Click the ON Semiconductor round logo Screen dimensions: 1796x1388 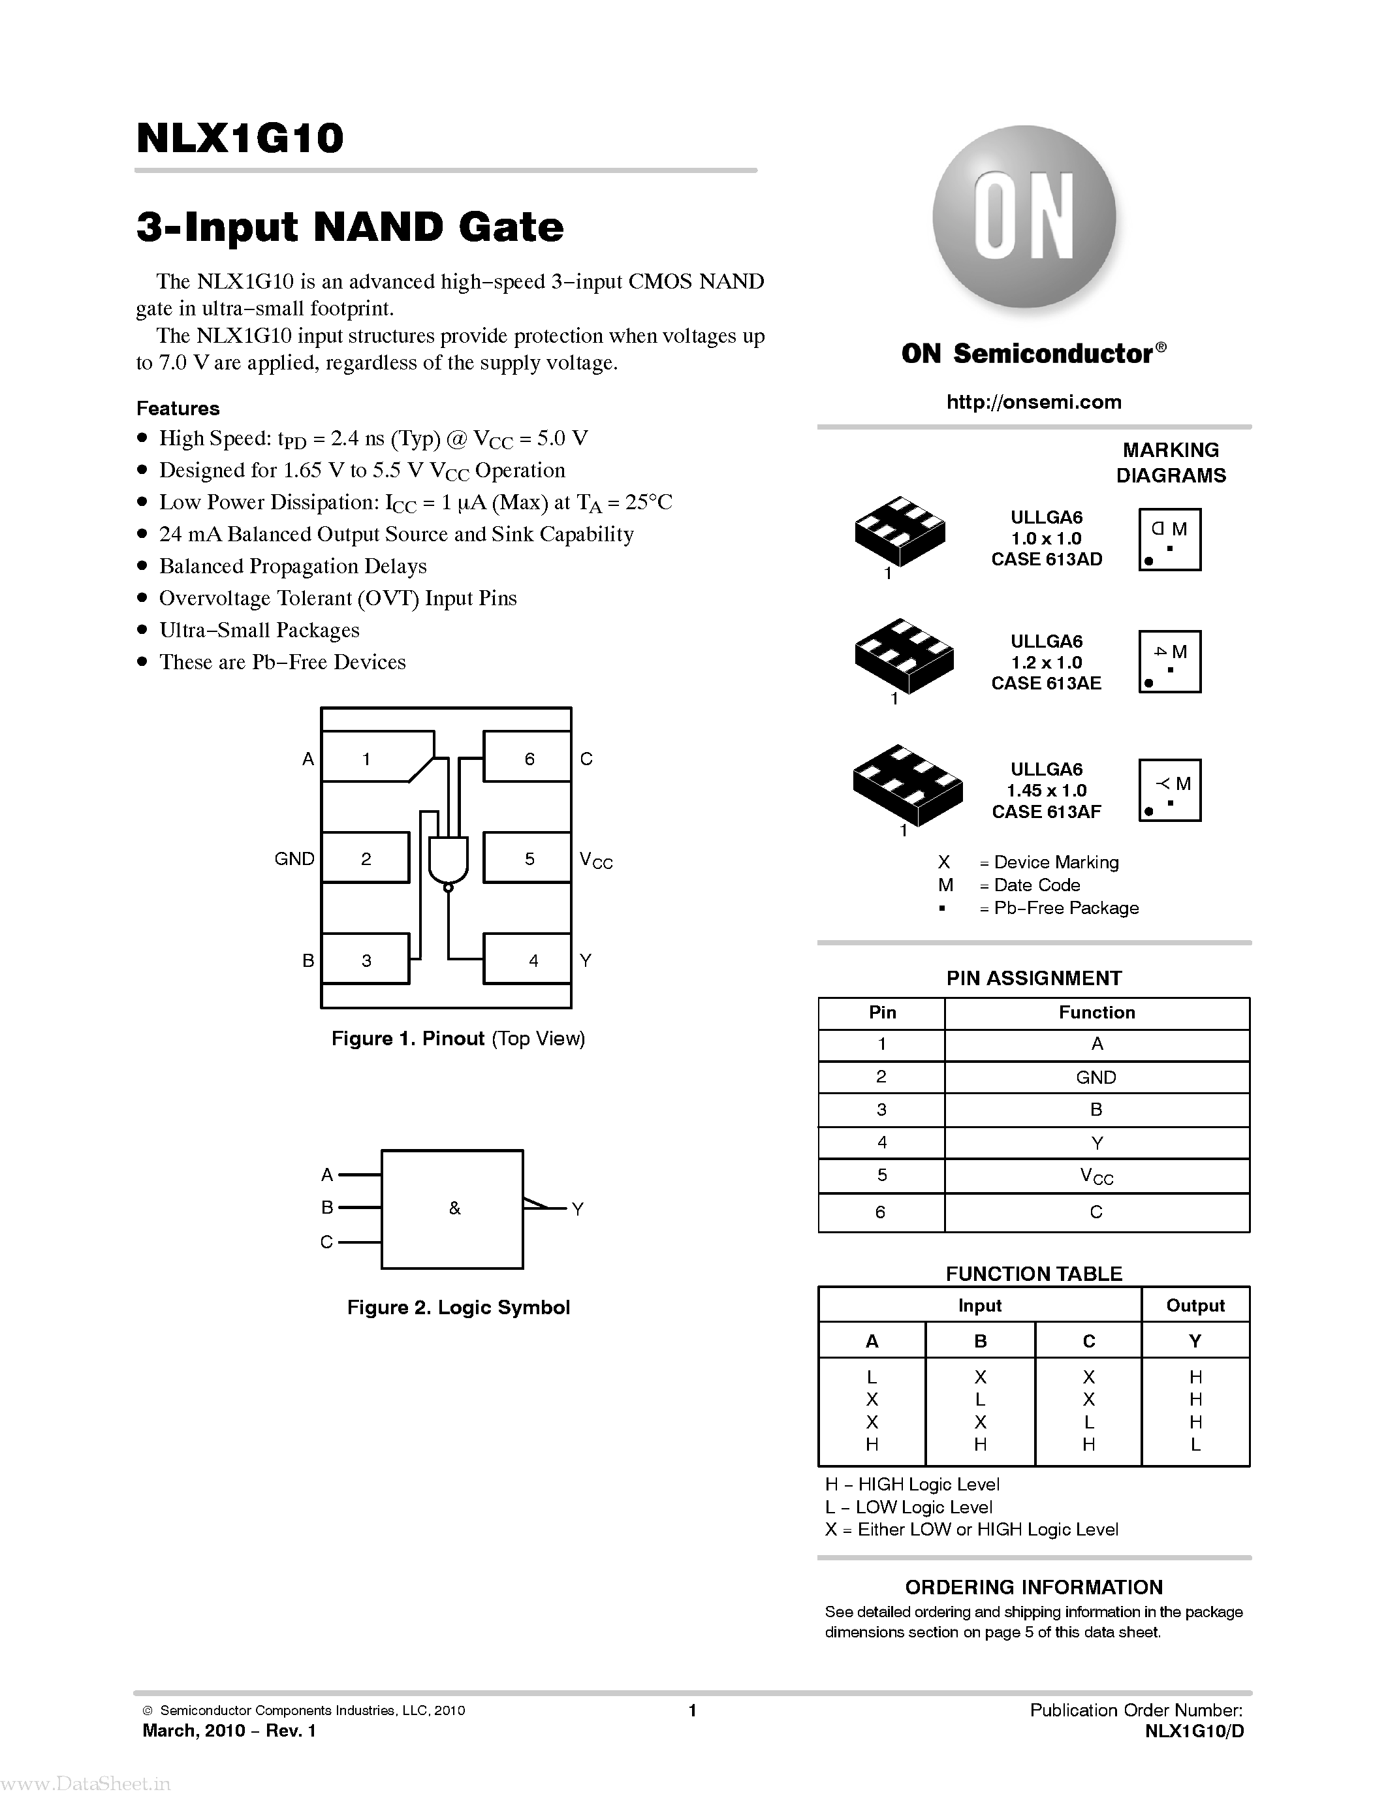(x=1024, y=216)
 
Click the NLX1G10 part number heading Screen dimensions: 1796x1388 (x=240, y=138)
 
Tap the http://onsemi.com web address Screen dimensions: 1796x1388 (x=1033, y=402)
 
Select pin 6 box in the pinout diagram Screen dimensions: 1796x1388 (x=527, y=757)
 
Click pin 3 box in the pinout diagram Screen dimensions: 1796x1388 (x=365, y=959)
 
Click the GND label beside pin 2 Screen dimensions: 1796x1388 (x=294, y=859)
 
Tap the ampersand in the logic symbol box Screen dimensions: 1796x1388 (x=454, y=1208)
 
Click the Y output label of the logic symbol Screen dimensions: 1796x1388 (x=577, y=1209)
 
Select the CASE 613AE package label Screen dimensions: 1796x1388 (x=1046, y=684)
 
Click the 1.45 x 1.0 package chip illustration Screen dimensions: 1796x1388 (x=907, y=786)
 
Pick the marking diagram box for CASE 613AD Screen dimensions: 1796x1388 (x=1169, y=539)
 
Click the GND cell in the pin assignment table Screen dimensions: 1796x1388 (x=1096, y=1077)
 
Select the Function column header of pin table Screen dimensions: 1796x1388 (x=1096, y=1013)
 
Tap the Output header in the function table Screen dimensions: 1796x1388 (x=1195, y=1305)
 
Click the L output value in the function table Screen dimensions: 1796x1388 (x=1195, y=1444)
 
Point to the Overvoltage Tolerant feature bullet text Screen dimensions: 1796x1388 (x=337, y=598)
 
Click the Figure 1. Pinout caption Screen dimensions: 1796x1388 (x=458, y=1039)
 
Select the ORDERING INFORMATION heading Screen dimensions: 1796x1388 (x=1033, y=1587)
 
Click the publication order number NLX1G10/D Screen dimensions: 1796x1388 (x=1194, y=1731)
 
